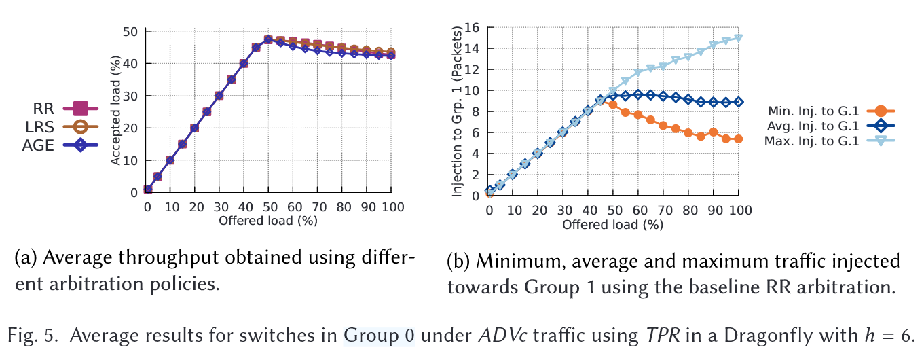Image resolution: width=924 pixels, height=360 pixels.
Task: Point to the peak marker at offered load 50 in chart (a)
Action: [269, 40]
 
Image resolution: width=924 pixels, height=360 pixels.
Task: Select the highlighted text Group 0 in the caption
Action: [379, 335]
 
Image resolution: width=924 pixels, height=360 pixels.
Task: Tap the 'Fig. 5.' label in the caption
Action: [29, 335]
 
